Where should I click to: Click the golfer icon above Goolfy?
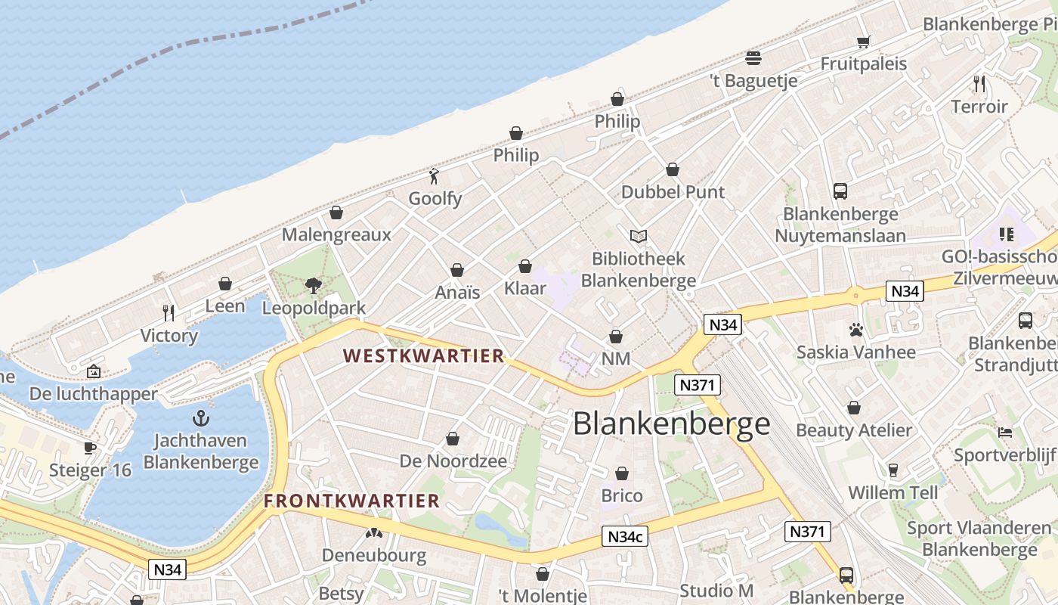[x=434, y=177]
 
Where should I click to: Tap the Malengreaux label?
[x=336, y=234]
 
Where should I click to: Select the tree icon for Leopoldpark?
[x=314, y=285]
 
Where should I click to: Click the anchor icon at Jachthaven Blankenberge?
[x=201, y=417]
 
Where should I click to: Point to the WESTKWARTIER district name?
[x=423, y=355]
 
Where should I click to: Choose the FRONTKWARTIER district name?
[x=351, y=501]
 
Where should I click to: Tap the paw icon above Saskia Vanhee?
[x=855, y=330]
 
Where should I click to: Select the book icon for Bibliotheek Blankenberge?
[x=639, y=236]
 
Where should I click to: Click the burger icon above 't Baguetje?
[x=753, y=57]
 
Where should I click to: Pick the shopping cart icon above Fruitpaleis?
[x=864, y=42]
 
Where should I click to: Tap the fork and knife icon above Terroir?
[x=979, y=83]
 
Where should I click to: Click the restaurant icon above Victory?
[x=169, y=312]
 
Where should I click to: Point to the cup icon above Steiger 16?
[x=90, y=448]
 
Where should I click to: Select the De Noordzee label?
[x=453, y=461]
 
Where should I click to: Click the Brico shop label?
[x=622, y=496]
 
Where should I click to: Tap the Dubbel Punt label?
[x=673, y=192]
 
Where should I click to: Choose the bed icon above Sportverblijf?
[x=1004, y=433]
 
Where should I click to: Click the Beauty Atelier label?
[x=854, y=430]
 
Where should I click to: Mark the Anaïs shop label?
[x=457, y=292]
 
